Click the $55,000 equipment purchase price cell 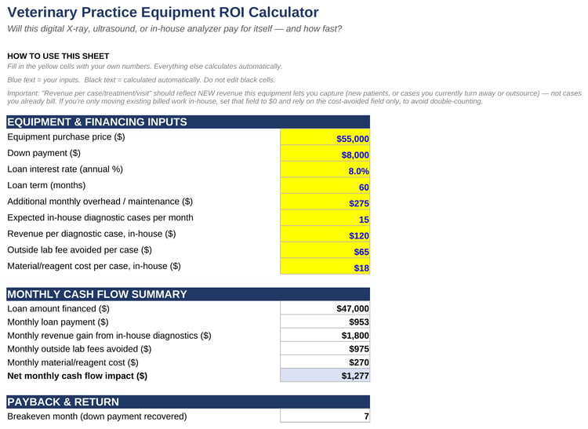pos(325,137)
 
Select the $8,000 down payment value pos(325,154)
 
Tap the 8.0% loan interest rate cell pos(325,169)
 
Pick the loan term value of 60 pos(325,186)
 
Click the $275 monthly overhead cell pos(325,202)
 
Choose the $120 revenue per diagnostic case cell pos(325,234)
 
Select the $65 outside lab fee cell pos(325,250)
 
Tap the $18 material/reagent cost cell pos(325,266)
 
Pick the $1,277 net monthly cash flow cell pos(325,376)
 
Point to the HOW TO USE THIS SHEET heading pos(58,56)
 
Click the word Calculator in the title pos(284,12)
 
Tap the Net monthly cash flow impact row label pos(78,376)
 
